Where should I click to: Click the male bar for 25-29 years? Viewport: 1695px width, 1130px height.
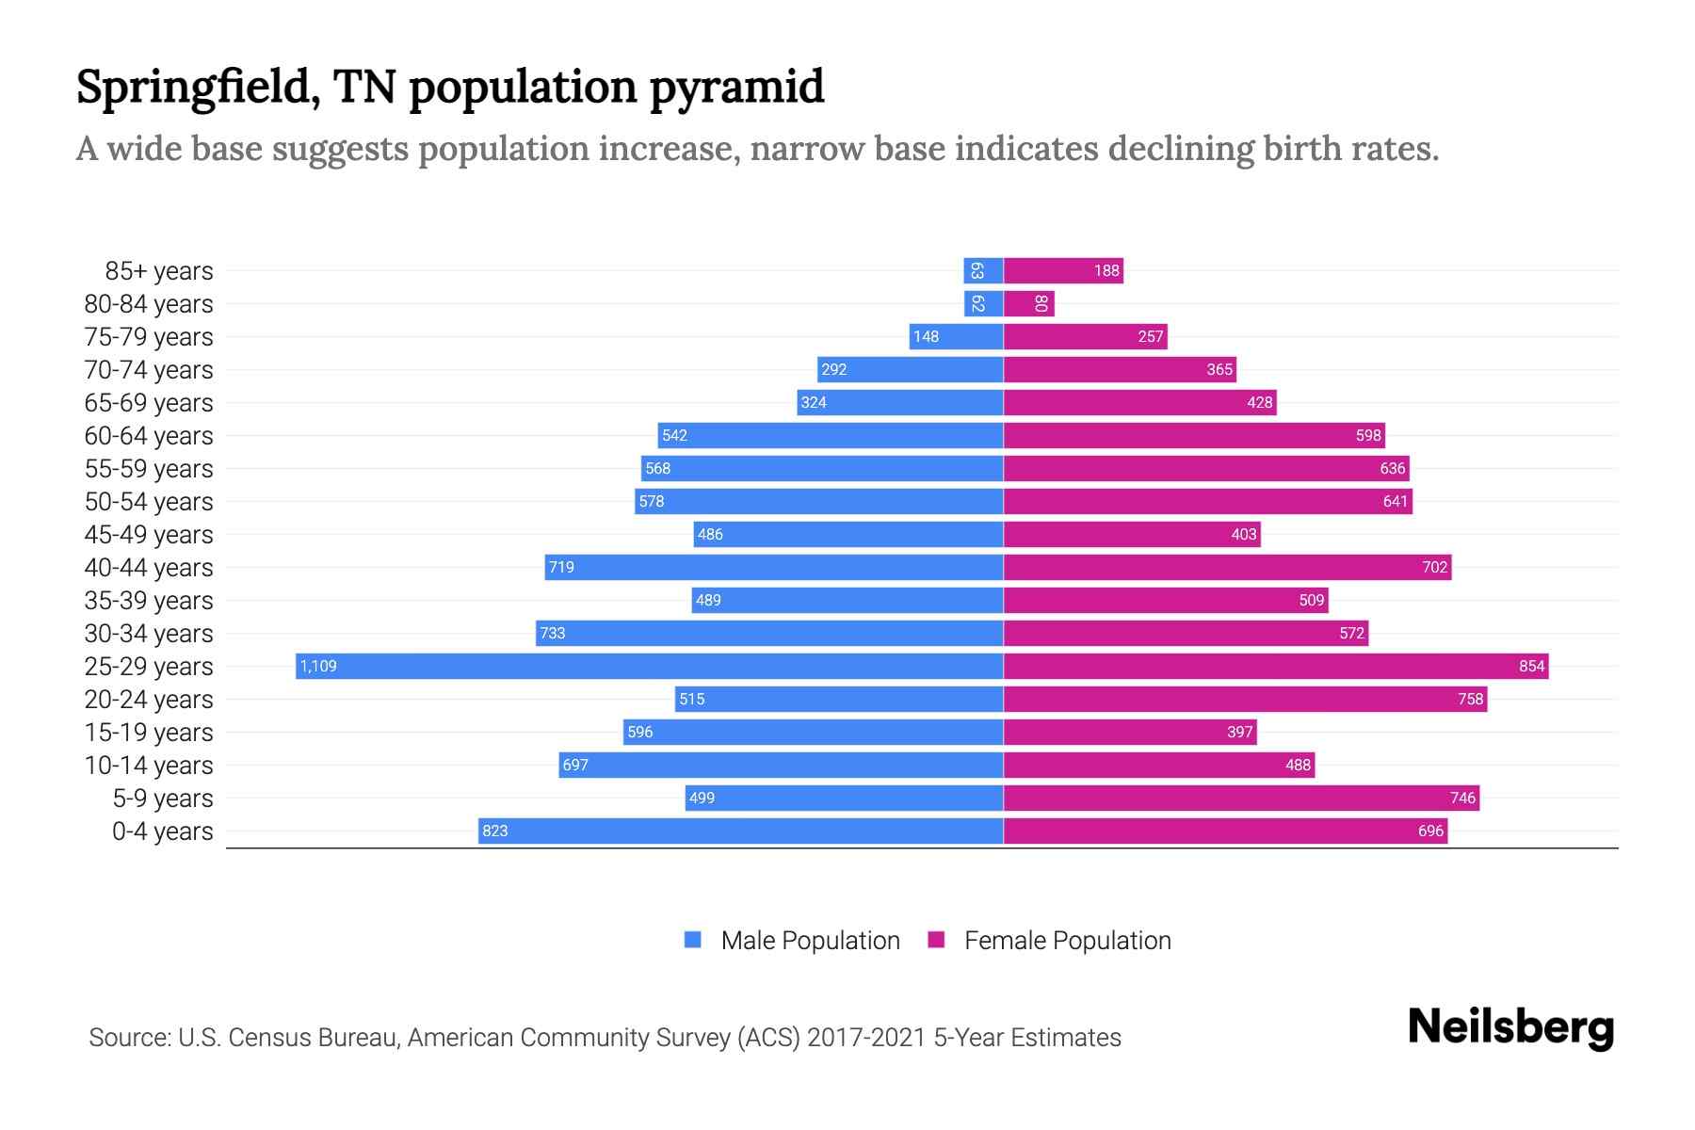(650, 666)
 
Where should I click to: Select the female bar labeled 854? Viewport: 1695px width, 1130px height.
(1276, 666)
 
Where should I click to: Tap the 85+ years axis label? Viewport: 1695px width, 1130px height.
(159, 271)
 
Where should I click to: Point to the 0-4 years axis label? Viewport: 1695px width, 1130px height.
(162, 831)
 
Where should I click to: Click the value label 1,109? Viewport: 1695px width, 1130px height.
(318, 667)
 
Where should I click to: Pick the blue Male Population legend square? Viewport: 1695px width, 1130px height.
(693, 940)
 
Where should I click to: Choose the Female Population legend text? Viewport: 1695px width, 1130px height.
(1067, 941)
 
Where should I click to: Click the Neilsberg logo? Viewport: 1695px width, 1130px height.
(1510, 1027)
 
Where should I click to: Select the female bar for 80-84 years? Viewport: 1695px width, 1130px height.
(1029, 303)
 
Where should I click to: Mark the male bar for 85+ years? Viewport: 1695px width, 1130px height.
(983, 271)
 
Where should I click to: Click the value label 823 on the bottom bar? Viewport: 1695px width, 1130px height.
(495, 831)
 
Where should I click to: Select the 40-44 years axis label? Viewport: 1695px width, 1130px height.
(149, 568)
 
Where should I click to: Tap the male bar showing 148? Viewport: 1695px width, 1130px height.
(956, 336)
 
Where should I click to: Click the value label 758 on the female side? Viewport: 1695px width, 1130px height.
(1470, 699)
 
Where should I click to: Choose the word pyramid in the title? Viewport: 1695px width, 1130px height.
(736, 88)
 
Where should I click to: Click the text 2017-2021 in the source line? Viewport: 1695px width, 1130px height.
(866, 1038)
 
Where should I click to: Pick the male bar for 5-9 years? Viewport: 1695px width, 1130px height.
(844, 798)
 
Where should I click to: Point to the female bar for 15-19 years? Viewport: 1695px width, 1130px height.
(1130, 732)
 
